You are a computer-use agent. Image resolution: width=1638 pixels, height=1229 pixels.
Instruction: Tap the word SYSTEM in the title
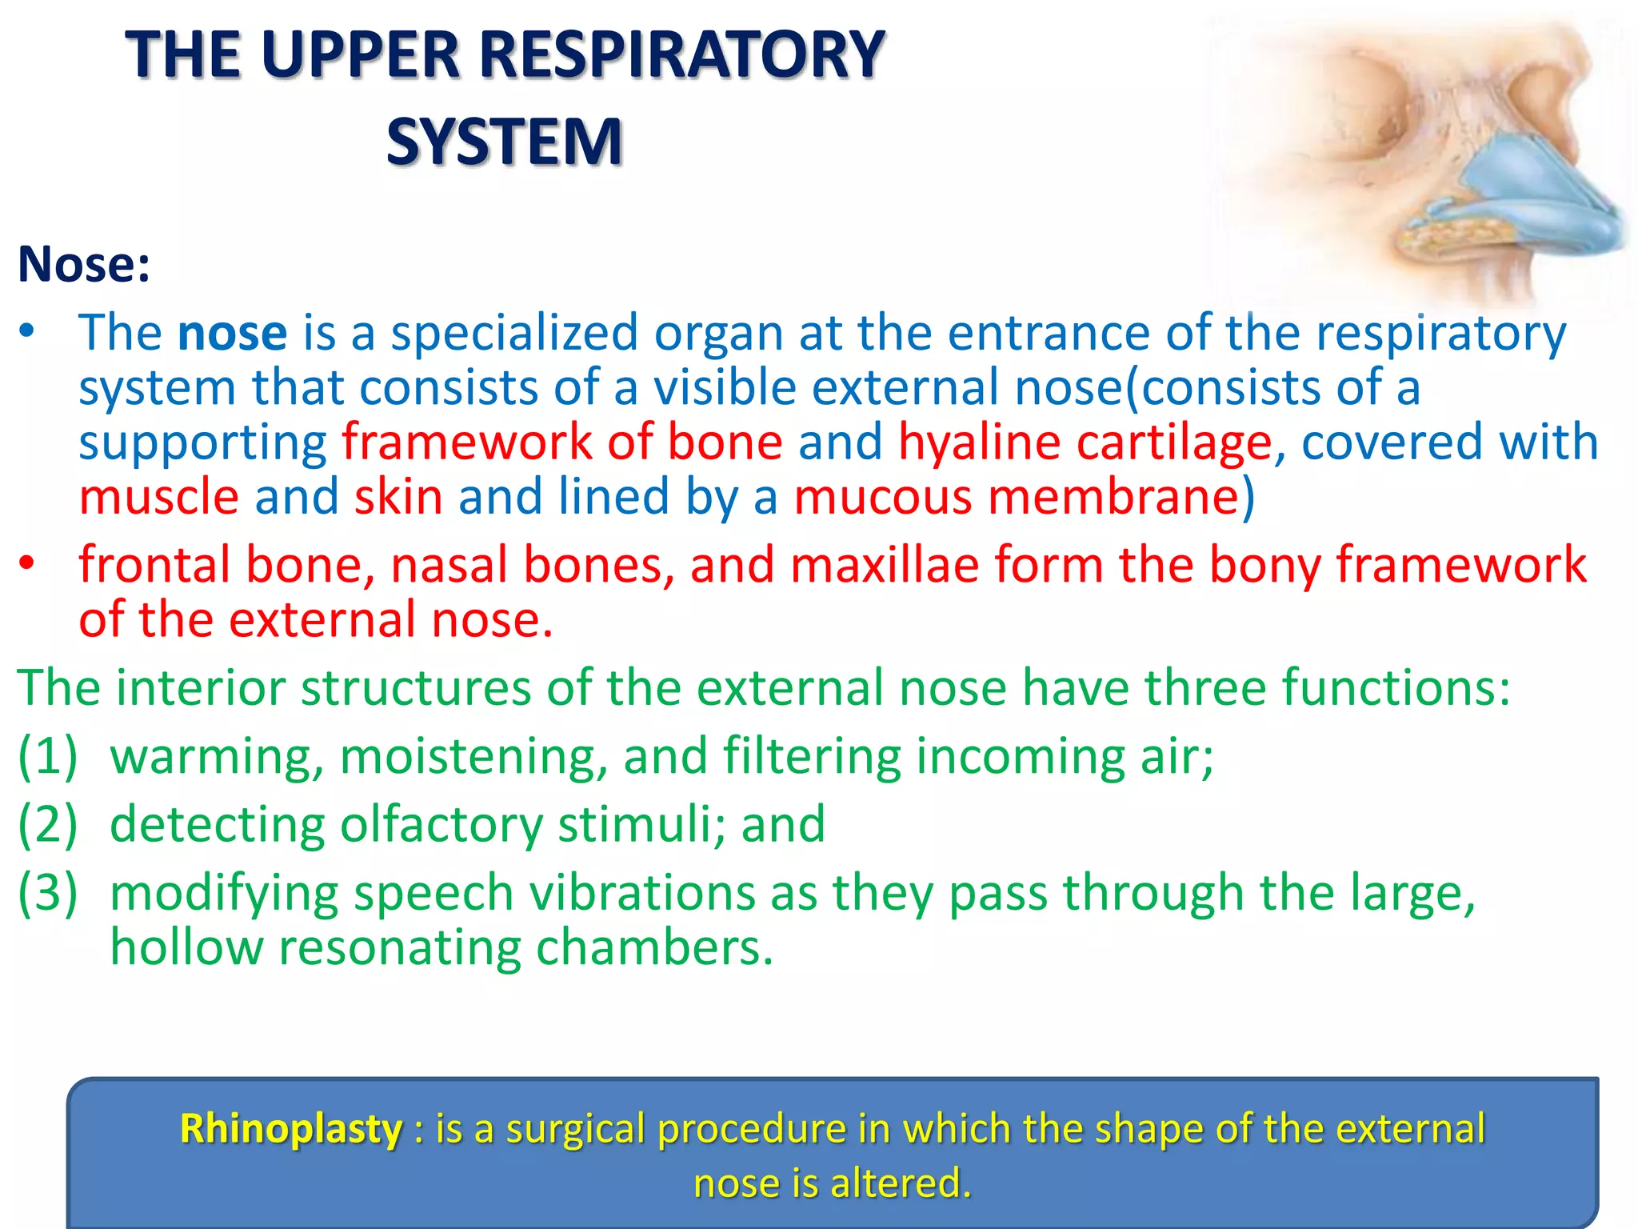coord(504,142)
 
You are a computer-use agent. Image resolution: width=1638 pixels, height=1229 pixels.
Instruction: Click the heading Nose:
coord(84,264)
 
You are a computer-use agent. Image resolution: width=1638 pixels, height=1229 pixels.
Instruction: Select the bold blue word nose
coord(232,333)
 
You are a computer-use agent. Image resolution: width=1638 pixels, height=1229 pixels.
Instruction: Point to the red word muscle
coord(158,496)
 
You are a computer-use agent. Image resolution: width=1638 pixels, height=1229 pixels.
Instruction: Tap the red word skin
coord(398,496)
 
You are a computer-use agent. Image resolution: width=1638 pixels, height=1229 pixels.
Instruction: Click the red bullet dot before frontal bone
coord(28,564)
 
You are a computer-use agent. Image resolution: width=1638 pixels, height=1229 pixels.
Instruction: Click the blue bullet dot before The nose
coord(28,331)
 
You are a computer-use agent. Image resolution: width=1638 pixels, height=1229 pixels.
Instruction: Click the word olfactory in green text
coord(441,824)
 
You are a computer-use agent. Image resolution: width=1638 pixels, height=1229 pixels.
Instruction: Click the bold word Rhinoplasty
coord(291,1129)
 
